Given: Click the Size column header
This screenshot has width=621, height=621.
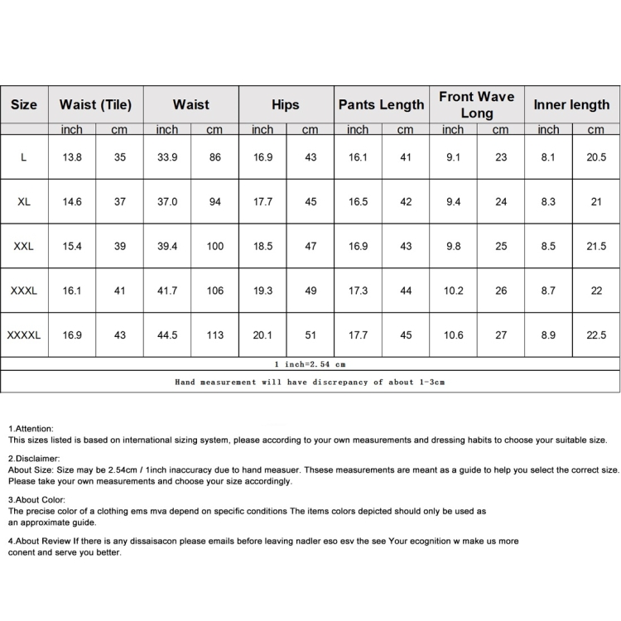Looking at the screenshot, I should pyautogui.click(x=24, y=105).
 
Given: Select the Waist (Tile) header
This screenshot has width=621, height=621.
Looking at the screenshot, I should pyautogui.click(x=95, y=105).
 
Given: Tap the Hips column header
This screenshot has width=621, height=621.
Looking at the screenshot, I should pyautogui.click(x=286, y=105).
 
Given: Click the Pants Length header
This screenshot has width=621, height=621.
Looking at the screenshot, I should pyautogui.click(x=381, y=105).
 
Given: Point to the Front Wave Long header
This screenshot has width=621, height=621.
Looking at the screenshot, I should pyautogui.click(x=476, y=105).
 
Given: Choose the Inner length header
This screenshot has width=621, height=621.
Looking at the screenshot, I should pyautogui.click(x=571, y=105).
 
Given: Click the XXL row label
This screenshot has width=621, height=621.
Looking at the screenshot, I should pyautogui.click(x=24, y=246).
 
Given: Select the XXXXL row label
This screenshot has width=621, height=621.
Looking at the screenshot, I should pyautogui.click(x=24, y=335).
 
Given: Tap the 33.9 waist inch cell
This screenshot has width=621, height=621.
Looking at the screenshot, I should pyautogui.click(x=167, y=157).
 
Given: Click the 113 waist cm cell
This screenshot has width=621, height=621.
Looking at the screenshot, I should pyautogui.click(x=215, y=335).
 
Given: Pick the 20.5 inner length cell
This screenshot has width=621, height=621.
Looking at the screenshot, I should pyautogui.click(x=596, y=157).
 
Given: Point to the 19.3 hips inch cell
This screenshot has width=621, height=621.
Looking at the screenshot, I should pyautogui.click(x=262, y=291).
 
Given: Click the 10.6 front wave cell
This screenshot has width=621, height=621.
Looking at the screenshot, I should pyautogui.click(x=453, y=335).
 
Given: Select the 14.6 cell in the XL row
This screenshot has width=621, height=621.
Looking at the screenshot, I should pyautogui.click(x=72, y=202).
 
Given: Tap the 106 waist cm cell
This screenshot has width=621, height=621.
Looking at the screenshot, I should pyautogui.click(x=215, y=291).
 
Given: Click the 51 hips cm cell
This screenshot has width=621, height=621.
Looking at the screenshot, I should pyautogui.click(x=310, y=335).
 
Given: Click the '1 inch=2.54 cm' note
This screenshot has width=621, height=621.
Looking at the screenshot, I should pyautogui.click(x=310, y=363).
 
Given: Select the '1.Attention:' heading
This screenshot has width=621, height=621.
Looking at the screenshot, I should pyautogui.click(x=31, y=427).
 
